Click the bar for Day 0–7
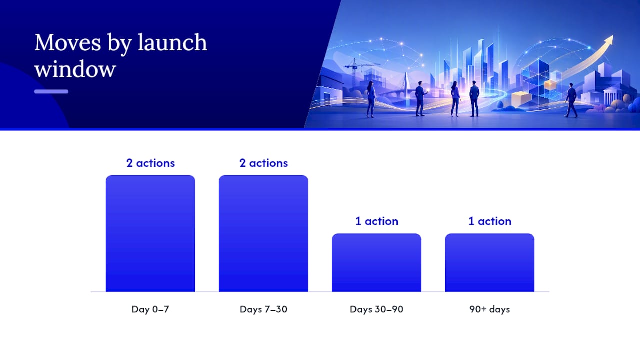pyautogui.click(x=150, y=233)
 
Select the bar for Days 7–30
pyautogui.click(x=263, y=233)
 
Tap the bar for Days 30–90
pyautogui.click(x=376, y=262)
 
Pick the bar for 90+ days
pyautogui.click(x=489, y=262)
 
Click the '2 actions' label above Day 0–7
pyautogui.click(x=150, y=163)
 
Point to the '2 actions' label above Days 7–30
pyautogui.click(x=263, y=163)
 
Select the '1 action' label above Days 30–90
pyautogui.click(x=377, y=221)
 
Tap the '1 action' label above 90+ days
pyautogui.click(x=490, y=221)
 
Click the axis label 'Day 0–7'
pyautogui.click(x=150, y=309)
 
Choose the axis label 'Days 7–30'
pyautogui.click(x=263, y=309)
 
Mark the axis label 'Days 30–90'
pyautogui.click(x=377, y=309)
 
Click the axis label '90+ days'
pyautogui.click(x=489, y=309)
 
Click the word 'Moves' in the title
pyautogui.click(x=68, y=43)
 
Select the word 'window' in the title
pyautogui.click(x=75, y=69)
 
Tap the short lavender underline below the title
pyautogui.click(x=51, y=91)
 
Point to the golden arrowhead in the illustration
pyautogui.click(x=608, y=41)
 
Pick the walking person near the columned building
pyautogui.click(x=571, y=100)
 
